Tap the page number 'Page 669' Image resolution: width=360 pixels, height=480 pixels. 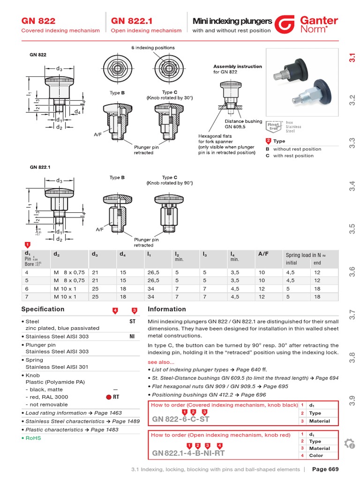pyautogui.click(x=325, y=469)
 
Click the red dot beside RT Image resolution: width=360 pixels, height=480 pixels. pyautogui.click(x=109, y=397)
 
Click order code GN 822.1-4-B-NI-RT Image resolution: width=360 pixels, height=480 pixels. pyautogui.click(x=188, y=453)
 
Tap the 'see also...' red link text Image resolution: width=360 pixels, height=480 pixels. pyautogui.click(x=161, y=362)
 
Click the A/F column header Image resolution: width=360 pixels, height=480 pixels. pyautogui.click(x=263, y=254)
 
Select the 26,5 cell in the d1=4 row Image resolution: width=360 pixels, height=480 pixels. pyautogui.click(x=153, y=272)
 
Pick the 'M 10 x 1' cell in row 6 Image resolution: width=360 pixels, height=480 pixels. pyautogui.click(x=65, y=289)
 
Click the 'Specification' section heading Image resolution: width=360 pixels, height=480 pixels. pyautogui.click(x=43, y=309)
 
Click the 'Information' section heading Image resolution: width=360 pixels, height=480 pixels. pyautogui.click(x=167, y=309)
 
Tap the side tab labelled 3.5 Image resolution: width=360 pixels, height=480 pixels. pyautogui.click(x=352, y=228)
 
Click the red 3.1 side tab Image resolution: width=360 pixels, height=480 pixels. pyautogui.click(x=352, y=58)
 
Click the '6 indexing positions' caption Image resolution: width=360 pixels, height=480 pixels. pyautogui.click(x=153, y=48)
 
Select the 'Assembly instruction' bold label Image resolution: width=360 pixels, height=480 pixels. pyautogui.click(x=238, y=67)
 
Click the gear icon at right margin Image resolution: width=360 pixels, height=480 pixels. pyautogui.click(x=349, y=443)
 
